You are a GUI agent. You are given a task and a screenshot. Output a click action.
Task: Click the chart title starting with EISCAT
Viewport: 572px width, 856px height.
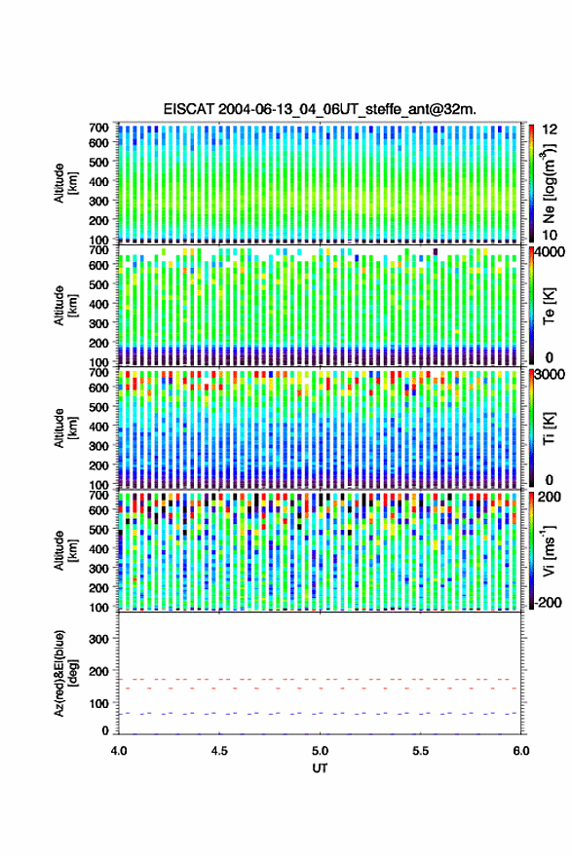tap(320, 109)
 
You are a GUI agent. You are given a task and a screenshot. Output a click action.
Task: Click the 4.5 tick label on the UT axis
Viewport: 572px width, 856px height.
tap(219, 751)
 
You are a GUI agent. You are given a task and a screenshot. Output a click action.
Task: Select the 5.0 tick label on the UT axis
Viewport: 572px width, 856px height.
tap(320, 751)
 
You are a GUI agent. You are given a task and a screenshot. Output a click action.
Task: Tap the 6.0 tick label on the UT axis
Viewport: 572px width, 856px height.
tap(520, 751)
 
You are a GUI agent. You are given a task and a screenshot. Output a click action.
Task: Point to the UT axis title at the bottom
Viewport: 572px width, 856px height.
tap(320, 768)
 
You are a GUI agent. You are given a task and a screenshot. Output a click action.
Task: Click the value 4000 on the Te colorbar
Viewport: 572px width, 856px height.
tap(551, 252)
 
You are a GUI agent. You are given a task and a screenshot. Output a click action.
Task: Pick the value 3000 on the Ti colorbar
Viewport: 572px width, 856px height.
tap(551, 375)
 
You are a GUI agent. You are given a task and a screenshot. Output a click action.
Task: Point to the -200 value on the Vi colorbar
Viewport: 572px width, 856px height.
tap(549, 602)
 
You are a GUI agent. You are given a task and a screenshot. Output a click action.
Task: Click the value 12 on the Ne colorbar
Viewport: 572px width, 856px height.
tap(551, 130)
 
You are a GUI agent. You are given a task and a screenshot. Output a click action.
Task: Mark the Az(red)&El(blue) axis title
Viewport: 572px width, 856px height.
tap(65, 673)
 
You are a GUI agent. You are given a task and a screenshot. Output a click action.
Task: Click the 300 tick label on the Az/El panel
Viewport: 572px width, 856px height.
tap(98, 639)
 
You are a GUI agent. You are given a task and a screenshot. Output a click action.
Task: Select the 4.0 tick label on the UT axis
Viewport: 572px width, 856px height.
tap(119, 751)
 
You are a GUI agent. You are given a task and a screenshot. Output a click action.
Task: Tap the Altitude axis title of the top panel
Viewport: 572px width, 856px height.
tap(65, 183)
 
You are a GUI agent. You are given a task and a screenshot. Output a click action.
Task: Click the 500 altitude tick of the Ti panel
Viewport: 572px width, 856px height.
tap(98, 407)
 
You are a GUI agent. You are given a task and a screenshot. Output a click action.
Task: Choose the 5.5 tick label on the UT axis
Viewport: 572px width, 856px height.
tap(420, 751)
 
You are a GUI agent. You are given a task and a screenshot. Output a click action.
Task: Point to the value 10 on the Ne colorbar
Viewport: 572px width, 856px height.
tap(551, 236)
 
